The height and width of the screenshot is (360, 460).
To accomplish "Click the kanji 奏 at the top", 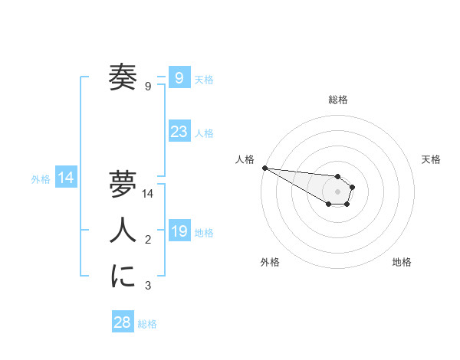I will click(x=123, y=77).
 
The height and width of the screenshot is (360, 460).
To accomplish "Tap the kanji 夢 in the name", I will click(x=123, y=185).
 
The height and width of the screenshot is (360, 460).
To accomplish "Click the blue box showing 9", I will click(x=179, y=77).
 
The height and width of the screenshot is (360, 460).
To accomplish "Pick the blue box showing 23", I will click(x=179, y=132).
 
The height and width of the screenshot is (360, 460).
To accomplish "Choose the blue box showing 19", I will click(x=179, y=231).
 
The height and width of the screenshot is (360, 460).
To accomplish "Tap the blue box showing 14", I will click(x=66, y=178).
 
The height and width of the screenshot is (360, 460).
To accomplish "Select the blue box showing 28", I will click(x=122, y=322).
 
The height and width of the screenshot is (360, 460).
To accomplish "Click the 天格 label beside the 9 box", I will click(x=204, y=79).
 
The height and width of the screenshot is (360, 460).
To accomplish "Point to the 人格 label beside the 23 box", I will click(x=204, y=133).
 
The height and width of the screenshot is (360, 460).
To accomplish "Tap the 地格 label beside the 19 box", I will click(x=204, y=233).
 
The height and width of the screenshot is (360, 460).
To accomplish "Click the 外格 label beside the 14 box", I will click(x=41, y=179).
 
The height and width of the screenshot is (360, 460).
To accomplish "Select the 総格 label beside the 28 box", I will click(x=147, y=324).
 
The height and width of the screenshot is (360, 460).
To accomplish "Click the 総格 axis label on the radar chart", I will click(x=338, y=100).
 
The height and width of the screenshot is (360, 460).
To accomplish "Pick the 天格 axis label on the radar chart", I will click(x=431, y=159).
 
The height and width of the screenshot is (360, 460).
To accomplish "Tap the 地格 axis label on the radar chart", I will click(x=402, y=262).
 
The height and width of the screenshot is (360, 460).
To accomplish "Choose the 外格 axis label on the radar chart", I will click(x=270, y=262).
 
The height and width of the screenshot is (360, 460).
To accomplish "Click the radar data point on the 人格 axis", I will click(x=264, y=168).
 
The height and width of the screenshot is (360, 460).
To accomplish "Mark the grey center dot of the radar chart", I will click(x=338, y=191).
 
